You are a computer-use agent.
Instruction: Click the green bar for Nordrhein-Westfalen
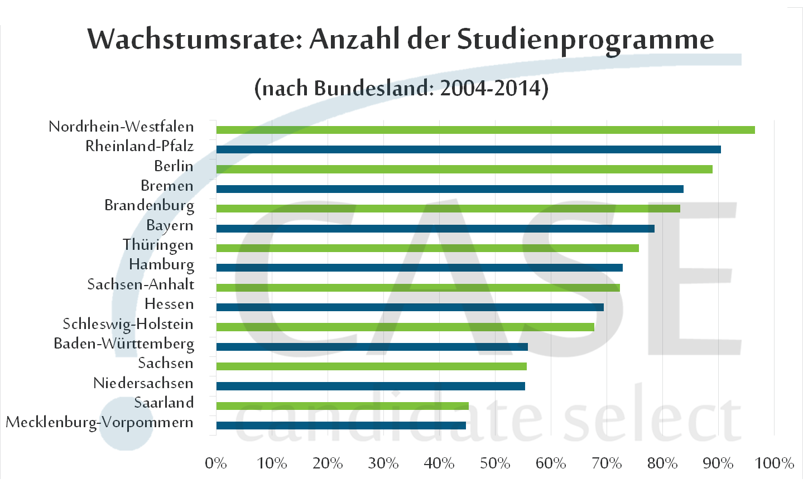coord(485,130)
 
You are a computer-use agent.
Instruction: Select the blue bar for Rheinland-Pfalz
coord(469,149)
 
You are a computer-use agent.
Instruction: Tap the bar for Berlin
coord(464,169)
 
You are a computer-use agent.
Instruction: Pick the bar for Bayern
coord(435,229)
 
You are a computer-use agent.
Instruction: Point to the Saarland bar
coord(343,406)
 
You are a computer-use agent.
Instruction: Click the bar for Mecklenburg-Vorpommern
coord(341,426)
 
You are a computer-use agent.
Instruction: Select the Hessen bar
coord(410,307)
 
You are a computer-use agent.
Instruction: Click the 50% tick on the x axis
coord(495,463)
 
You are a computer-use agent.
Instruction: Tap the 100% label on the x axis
coord(774,463)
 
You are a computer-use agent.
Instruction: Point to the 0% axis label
coord(216,463)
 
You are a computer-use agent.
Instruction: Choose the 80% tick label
coord(662,463)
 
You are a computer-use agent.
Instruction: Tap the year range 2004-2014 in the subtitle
coord(491,88)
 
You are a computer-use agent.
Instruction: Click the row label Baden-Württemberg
coord(124,344)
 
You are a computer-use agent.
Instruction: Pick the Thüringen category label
coord(158,245)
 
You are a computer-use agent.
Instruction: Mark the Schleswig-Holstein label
coord(128,324)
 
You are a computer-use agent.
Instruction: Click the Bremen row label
coord(167,186)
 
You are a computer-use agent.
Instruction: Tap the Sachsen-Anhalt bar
coord(418,288)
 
